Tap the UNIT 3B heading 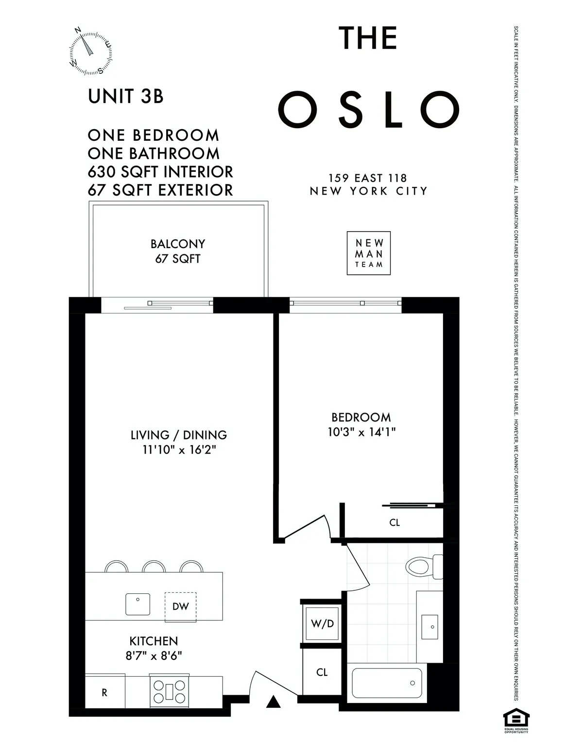(126, 96)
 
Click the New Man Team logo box (369, 253)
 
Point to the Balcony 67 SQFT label (178, 251)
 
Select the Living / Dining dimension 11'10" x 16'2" (179, 450)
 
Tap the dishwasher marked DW (180, 606)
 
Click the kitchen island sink (138, 604)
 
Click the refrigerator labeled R (104, 693)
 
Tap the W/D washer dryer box (322, 623)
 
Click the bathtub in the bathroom (387, 683)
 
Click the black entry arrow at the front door (274, 702)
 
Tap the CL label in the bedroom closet (394, 523)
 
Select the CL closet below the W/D (322, 672)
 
